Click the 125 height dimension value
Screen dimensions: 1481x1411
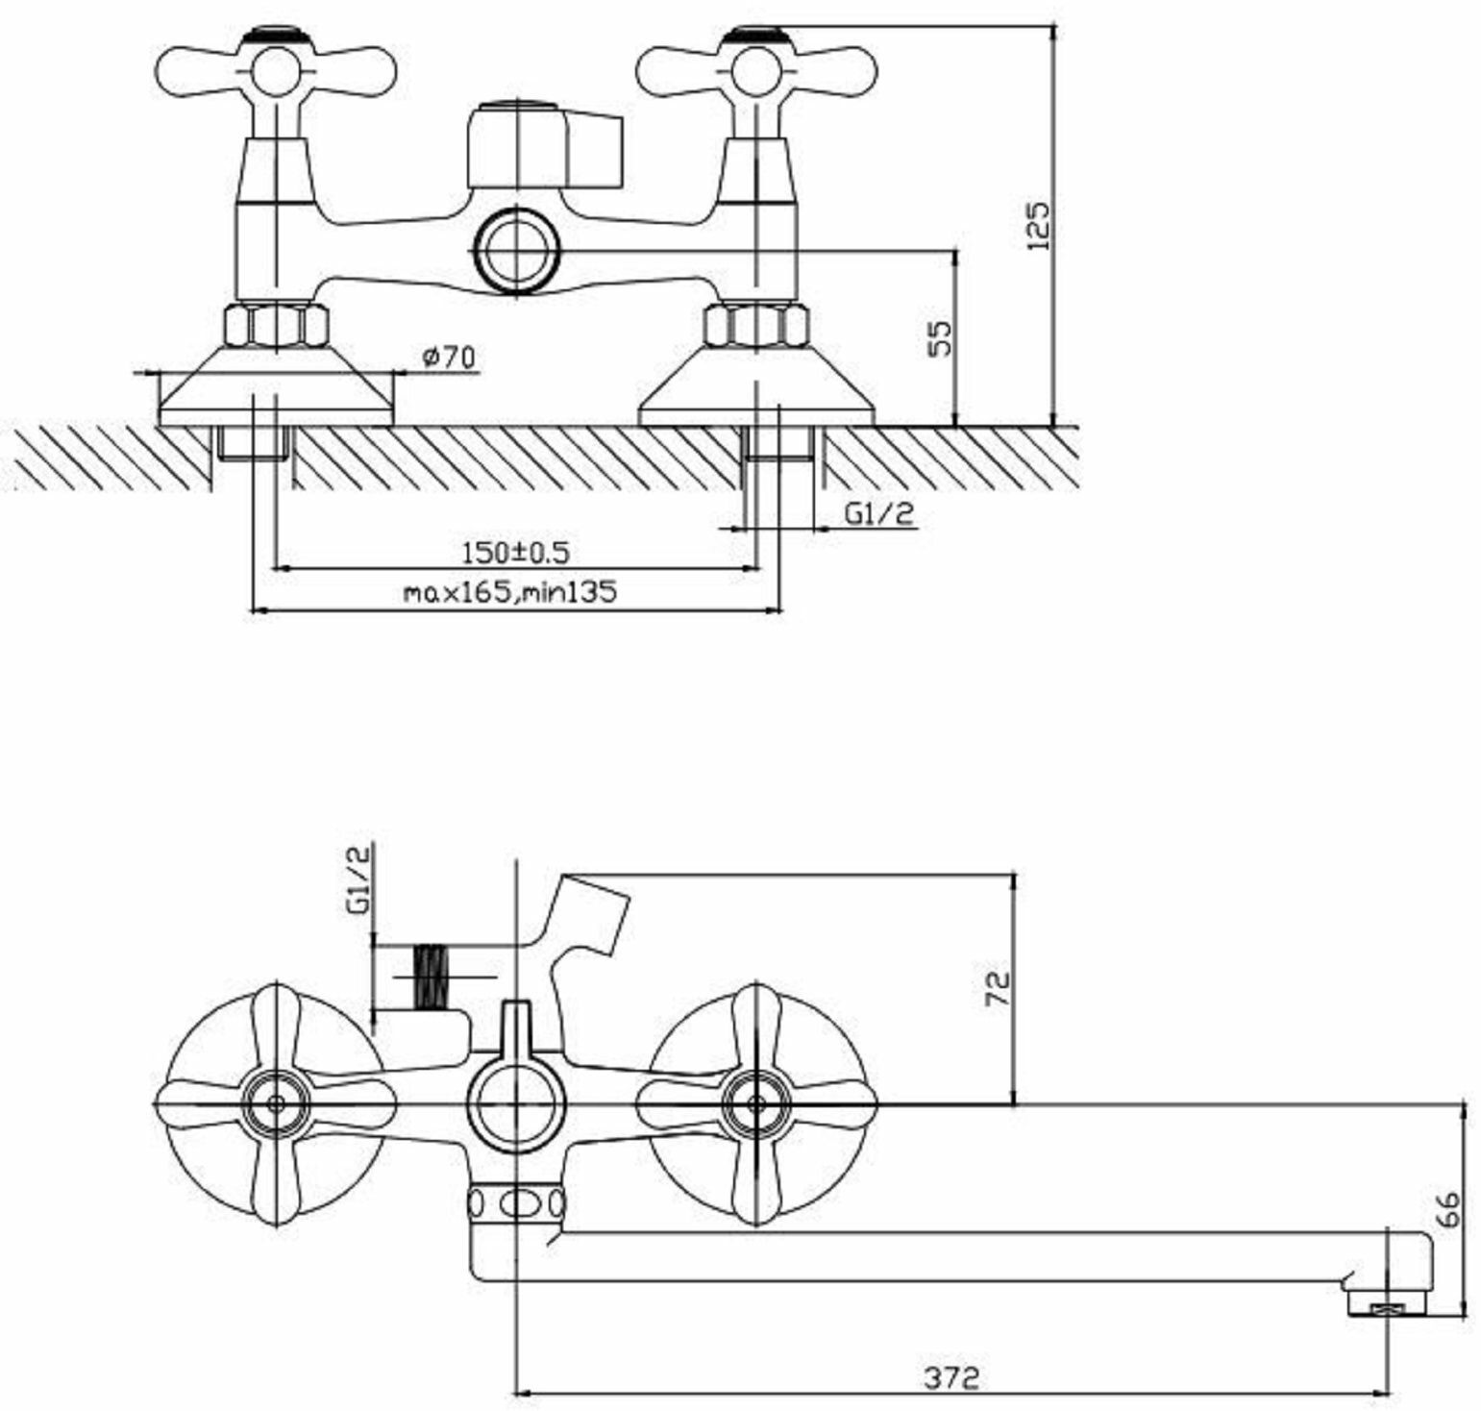pos(1039,226)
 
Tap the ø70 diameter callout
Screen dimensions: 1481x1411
pos(448,358)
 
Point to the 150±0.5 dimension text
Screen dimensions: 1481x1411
pos(516,554)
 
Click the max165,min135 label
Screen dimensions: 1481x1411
pos(509,592)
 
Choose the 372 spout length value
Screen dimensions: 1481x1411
pos(951,1377)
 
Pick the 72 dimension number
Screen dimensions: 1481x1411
pos(999,989)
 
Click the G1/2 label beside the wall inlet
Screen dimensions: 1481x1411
pos(879,514)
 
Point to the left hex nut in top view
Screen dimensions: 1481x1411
pos(276,326)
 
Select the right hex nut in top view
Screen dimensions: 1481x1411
pos(756,326)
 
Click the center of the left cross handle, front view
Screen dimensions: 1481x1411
pos(276,1103)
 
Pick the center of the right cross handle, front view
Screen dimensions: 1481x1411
pos(756,1103)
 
